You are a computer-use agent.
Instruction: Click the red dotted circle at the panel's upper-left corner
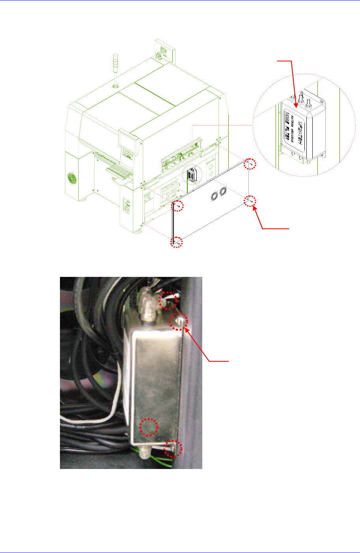pyautogui.click(x=178, y=206)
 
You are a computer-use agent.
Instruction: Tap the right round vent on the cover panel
pyautogui.click(x=223, y=191)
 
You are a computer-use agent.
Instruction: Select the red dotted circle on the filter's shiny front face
pyautogui.click(x=149, y=428)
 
